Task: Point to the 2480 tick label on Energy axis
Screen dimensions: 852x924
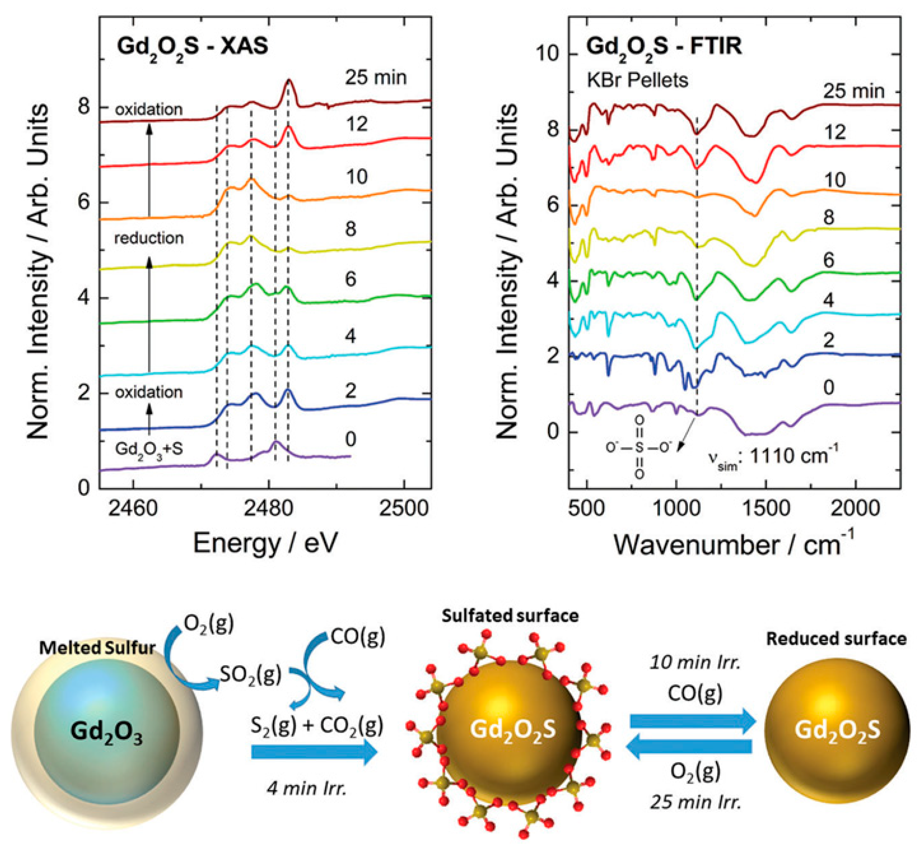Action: point(269,509)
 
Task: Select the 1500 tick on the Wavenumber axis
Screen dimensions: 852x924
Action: point(766,509)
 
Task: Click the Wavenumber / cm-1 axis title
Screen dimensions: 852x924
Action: point(733,544)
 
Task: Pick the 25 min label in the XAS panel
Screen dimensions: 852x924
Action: point(376,77)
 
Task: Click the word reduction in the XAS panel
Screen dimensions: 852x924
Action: point(148,238)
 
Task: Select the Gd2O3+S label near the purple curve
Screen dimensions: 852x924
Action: point(148,449)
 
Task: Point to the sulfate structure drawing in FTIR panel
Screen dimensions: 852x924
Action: point(639,447)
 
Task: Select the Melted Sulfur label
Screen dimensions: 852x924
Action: point(97,648)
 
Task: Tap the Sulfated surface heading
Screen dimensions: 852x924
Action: point(510,616)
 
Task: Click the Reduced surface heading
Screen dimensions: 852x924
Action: point(836,639)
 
